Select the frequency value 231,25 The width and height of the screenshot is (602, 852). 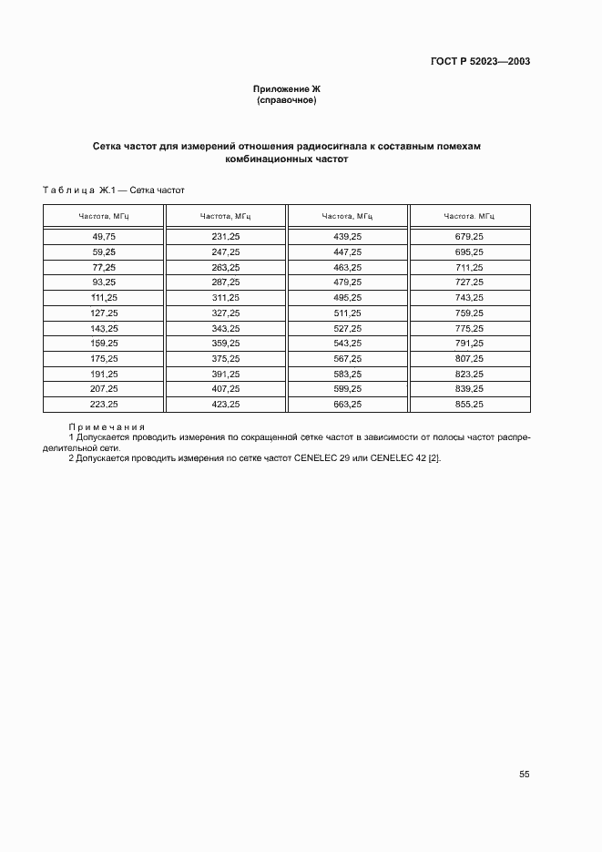pyautogui.click(x=226, y=236)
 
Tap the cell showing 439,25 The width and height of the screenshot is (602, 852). pyautogui.click(x=348, y=236)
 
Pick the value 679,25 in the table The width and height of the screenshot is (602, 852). pyautogui.click(x=469, y=236)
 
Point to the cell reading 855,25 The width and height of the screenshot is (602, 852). pyautogui.click(x=469, y=404)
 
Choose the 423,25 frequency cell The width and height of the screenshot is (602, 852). pyautogui.click(x=226, y=404)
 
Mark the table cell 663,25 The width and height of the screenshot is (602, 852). pyautogui.click(x=348, y=404)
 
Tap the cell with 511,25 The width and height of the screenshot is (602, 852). pyautogui.click(x=348, y=313)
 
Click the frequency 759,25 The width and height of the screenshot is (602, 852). pyautogui.click(x=469, y=313)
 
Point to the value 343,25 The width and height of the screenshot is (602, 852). pyautogui.click(x=226, y=328)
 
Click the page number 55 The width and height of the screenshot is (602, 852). pyautogui.click(x=525, y=774)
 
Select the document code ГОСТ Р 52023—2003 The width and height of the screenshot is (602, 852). pyautogui.click(x=480, y=62)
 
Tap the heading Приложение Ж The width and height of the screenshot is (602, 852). pyautogui.click(x=287, y=88)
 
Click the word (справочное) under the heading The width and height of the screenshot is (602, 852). pyautogui.click(x=287, y=99)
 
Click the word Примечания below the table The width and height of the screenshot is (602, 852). pyautogui.click(x=107, y=427)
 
